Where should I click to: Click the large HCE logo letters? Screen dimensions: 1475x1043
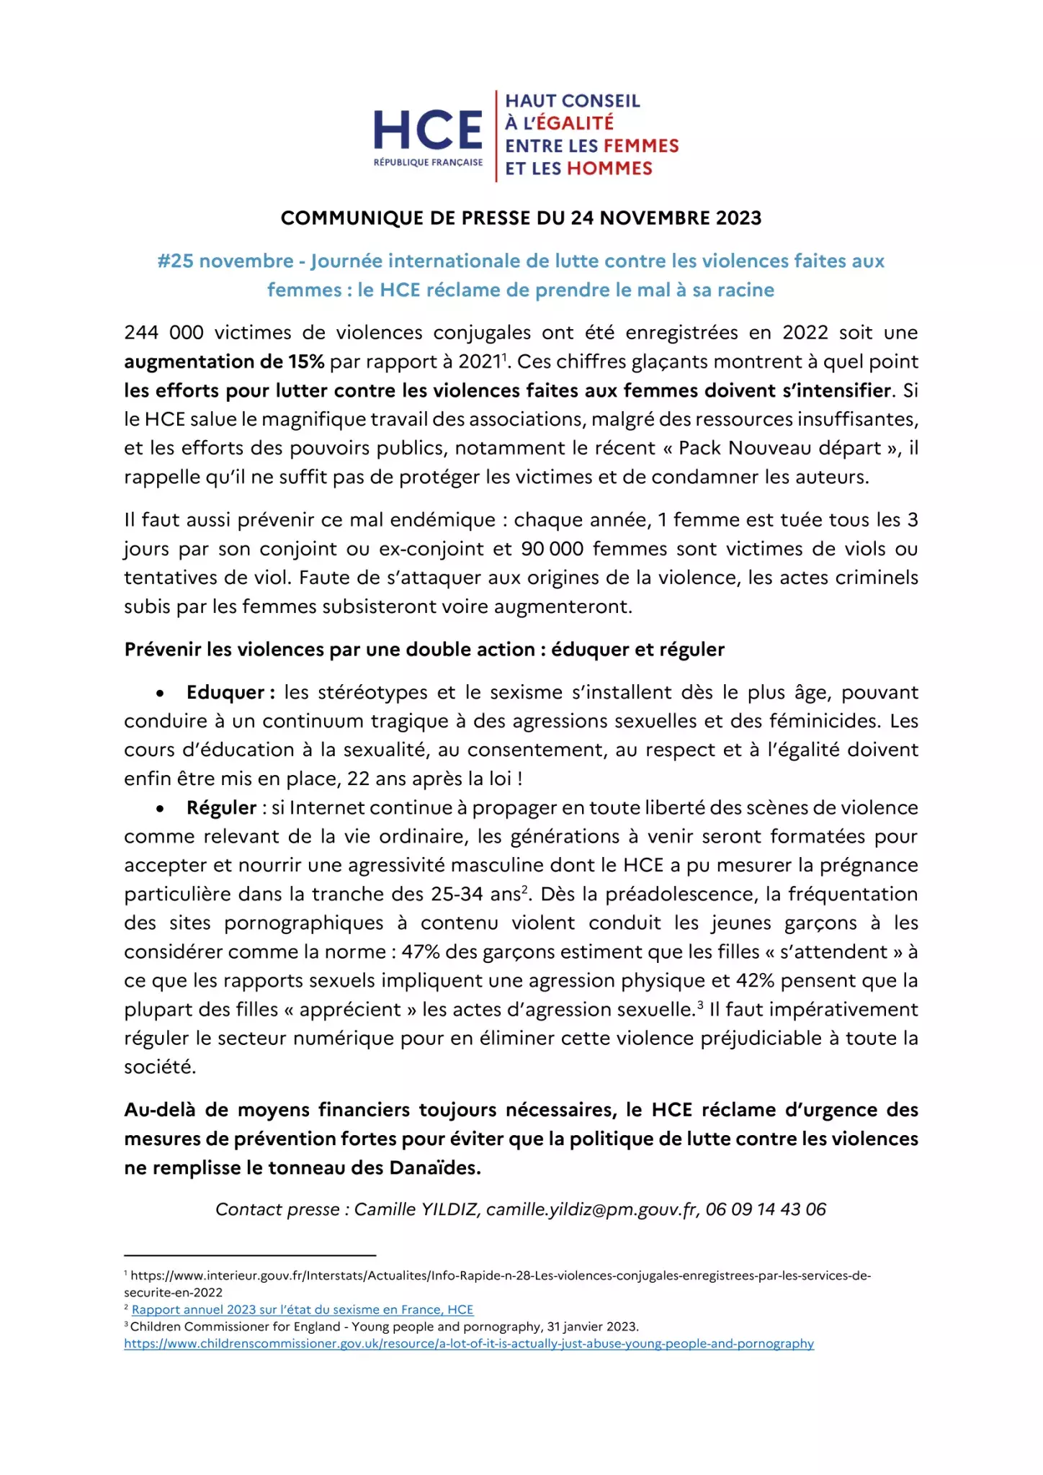tap(428, 130)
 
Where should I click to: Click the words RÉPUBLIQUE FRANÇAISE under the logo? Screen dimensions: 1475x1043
tap(428, 163)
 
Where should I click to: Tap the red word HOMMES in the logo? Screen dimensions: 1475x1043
tap(609, 169)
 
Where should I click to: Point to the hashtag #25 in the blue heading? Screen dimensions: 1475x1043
tap(175, 261)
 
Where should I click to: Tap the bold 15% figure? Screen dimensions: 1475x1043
tap(306, 362)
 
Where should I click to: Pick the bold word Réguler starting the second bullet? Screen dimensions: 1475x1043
tap(221, 807)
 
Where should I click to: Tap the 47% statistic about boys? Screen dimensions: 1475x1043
tap(421, 951)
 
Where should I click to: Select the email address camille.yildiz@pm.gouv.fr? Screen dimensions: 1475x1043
tap(592, 1209)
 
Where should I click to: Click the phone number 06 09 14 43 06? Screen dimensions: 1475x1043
tap(766, 1209)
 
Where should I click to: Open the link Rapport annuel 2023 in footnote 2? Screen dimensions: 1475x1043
tap(303, 1309)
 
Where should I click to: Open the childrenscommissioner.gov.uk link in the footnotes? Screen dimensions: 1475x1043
tap(469, 1343)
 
